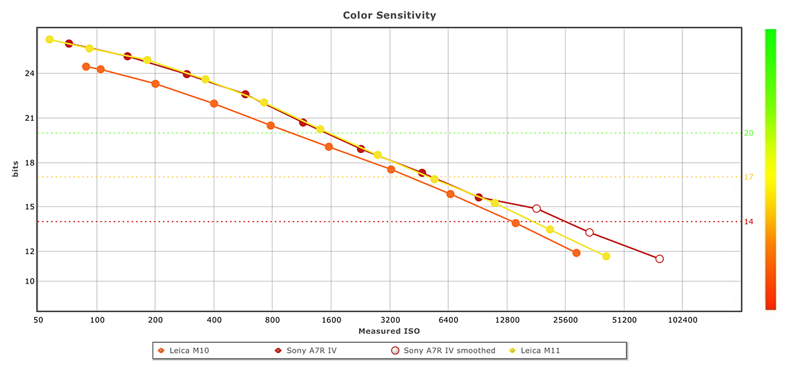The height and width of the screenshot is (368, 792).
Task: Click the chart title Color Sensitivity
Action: click(x=389, y=15)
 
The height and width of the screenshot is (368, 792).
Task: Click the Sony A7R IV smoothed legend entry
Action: click(x=449, y=350)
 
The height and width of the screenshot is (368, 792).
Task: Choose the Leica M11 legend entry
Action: click(x=539, y=350)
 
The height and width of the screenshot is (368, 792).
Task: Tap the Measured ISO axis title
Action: click(x=389, y=330)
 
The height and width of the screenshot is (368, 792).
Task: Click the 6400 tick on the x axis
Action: click(x=448, y=319)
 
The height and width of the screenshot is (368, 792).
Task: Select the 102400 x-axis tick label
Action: click(x=682, y=319)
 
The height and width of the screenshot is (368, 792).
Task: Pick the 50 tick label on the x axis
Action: click(x=38, y=319)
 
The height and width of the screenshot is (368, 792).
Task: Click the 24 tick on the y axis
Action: click(x=28, y=74)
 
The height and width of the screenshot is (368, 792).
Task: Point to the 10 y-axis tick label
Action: click(x=28, y=282)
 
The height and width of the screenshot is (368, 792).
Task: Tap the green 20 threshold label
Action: click(x=748, y=133)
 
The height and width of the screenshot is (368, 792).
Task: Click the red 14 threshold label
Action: click(x=748, y=222)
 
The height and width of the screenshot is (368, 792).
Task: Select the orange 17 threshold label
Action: click(x=748, y=177)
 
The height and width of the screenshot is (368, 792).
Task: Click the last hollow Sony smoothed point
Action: click(x=659, y=259)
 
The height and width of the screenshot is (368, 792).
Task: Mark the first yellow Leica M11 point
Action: click(x=49, y=40)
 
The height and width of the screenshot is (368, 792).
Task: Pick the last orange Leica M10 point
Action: click(x=576, y=253)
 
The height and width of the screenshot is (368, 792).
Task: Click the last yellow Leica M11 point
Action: click(x=606, y=256)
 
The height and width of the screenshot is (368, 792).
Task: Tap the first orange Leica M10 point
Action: click(x=86, y=67)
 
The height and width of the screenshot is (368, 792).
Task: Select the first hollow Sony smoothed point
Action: click(x=537, y=208)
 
